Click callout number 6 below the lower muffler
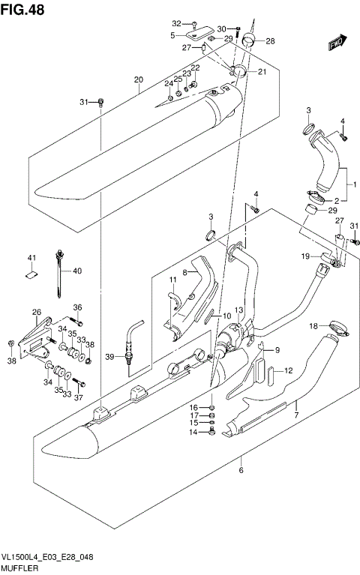[241, 470]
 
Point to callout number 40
[76, 271]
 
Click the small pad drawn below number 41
[31, 274]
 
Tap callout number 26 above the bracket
[36, 312]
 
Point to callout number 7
[295, 414]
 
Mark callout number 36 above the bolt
[76, 306]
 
